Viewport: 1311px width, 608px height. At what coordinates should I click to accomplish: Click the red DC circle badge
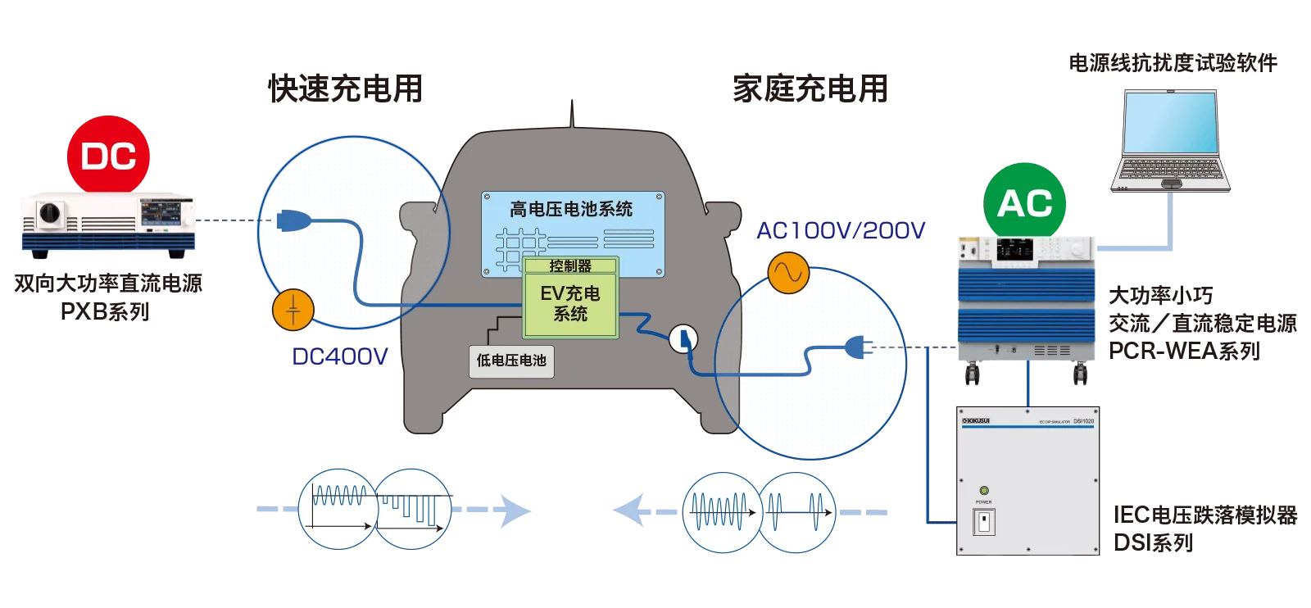click(108, 156)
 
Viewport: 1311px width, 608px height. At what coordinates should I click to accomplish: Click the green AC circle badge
click(1024, 202)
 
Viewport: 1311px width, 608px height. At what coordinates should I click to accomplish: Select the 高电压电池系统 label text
click(571, 209)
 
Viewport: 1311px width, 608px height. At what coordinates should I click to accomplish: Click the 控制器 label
click(570, 265)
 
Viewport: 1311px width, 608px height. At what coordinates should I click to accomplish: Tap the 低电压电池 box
click(511, 361)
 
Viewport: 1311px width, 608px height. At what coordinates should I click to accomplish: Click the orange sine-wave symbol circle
click(788, 273)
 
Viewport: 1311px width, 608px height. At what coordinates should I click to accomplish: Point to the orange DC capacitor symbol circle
click(293, 310)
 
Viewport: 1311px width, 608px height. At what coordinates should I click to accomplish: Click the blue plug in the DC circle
click(293, 220)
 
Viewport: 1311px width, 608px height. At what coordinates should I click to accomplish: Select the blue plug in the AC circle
click(857, 347)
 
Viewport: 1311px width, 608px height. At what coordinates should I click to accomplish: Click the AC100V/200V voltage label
click(840, 231)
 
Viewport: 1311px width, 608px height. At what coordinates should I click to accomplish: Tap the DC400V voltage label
click(338, 357)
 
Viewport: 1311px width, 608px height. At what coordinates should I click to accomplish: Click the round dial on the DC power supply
click(50, 214)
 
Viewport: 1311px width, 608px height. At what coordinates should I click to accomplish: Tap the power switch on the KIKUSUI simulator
click(983, 521)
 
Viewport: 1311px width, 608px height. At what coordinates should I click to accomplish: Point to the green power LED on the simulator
click(984, 491)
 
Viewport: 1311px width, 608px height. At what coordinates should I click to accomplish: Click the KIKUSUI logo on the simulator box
click(975, 421)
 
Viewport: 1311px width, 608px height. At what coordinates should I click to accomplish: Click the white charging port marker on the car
click(683, 338)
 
